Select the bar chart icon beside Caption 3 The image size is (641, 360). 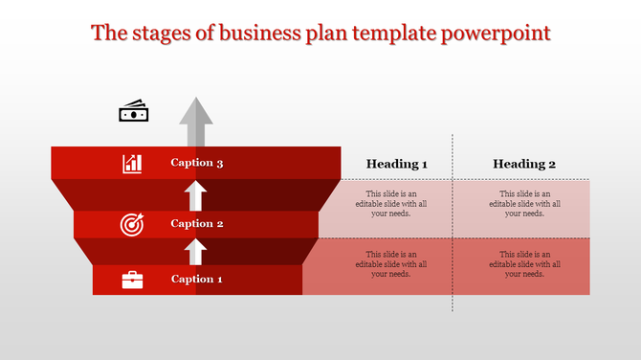point(132,164)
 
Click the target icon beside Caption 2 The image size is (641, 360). point(131,224)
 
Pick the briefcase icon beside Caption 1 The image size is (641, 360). point(132,280)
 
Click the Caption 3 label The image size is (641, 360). point(197,163)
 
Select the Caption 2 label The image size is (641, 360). point(197,224)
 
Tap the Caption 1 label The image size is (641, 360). point(197,280)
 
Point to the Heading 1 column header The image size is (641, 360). point(397,164)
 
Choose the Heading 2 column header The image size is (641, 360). point(524,164)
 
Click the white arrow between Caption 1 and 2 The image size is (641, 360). point(196,252)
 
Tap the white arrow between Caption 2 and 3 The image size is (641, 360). point(196,195)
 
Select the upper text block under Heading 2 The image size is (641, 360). point(524,204)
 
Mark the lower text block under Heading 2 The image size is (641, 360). point(524,264)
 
